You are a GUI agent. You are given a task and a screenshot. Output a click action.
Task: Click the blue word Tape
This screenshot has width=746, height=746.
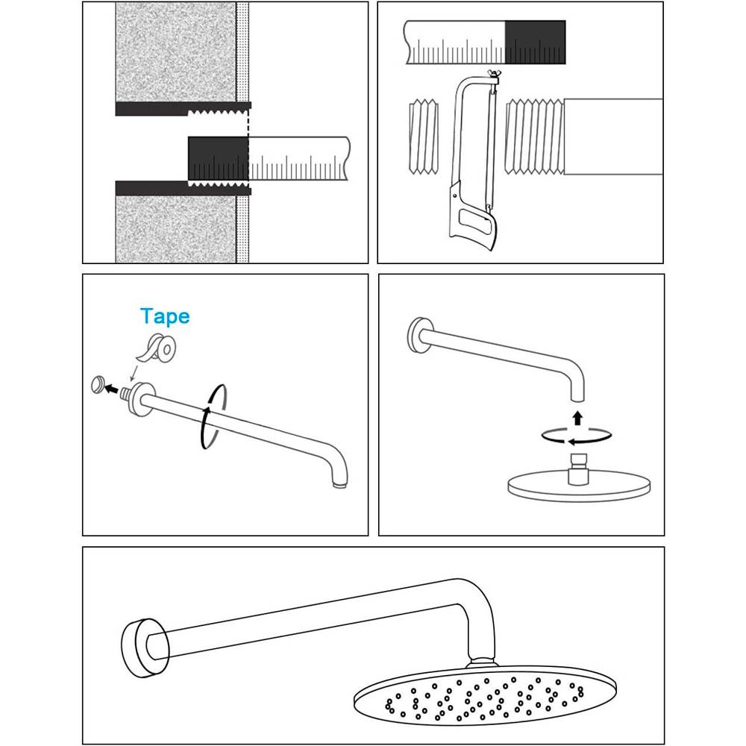point(165,317)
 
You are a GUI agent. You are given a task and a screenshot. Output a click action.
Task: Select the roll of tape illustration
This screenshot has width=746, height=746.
point(157,348)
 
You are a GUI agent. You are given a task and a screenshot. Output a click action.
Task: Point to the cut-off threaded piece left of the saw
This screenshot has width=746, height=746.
point(424,137)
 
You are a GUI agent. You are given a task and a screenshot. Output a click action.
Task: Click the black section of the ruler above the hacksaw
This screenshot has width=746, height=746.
point(535,43)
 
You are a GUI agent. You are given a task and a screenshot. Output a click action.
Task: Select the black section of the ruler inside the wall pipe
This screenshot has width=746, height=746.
point(219,158)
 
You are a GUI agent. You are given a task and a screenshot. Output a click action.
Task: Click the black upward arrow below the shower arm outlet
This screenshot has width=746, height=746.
point(577,418)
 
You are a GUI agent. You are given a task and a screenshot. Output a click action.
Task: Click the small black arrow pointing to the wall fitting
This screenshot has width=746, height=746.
point(112,389)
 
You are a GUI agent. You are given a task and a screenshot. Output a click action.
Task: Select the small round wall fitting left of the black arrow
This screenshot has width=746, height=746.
point(98,384)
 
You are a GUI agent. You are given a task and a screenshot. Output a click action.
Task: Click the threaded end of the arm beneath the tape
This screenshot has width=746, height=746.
point(125,394)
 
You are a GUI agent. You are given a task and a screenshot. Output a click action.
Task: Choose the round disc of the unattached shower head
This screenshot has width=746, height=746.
point(579,486)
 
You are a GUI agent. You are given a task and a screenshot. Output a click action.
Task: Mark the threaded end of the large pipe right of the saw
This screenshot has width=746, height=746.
point(534,137)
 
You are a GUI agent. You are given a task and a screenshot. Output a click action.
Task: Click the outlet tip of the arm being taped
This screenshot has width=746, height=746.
point(339,485)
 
